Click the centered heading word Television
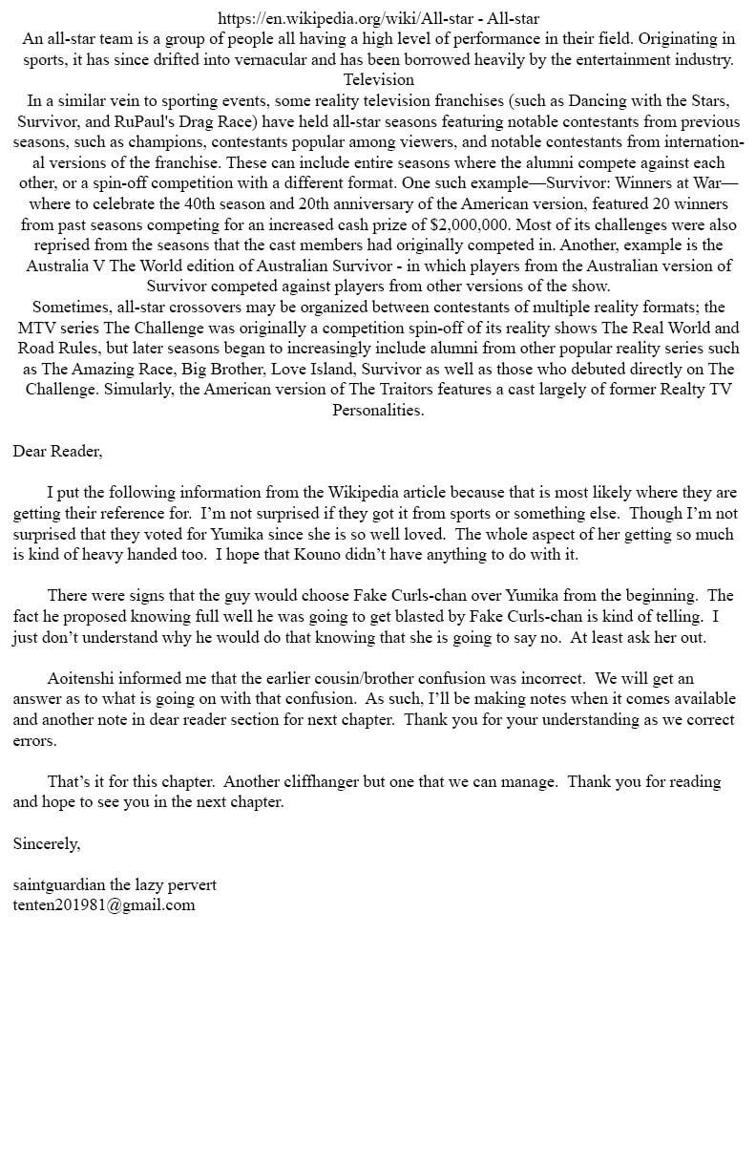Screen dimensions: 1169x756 tap(379, 79)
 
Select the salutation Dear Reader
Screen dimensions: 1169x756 tap(57, 451)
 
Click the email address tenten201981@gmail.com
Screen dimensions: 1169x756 tap(104, 905)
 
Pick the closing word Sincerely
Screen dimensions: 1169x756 tap(47, 843)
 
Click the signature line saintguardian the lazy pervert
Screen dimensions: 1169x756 tap(115, 884)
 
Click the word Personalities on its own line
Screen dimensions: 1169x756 tap(378, 410)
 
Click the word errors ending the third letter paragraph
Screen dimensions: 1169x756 tap(34, 740)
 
